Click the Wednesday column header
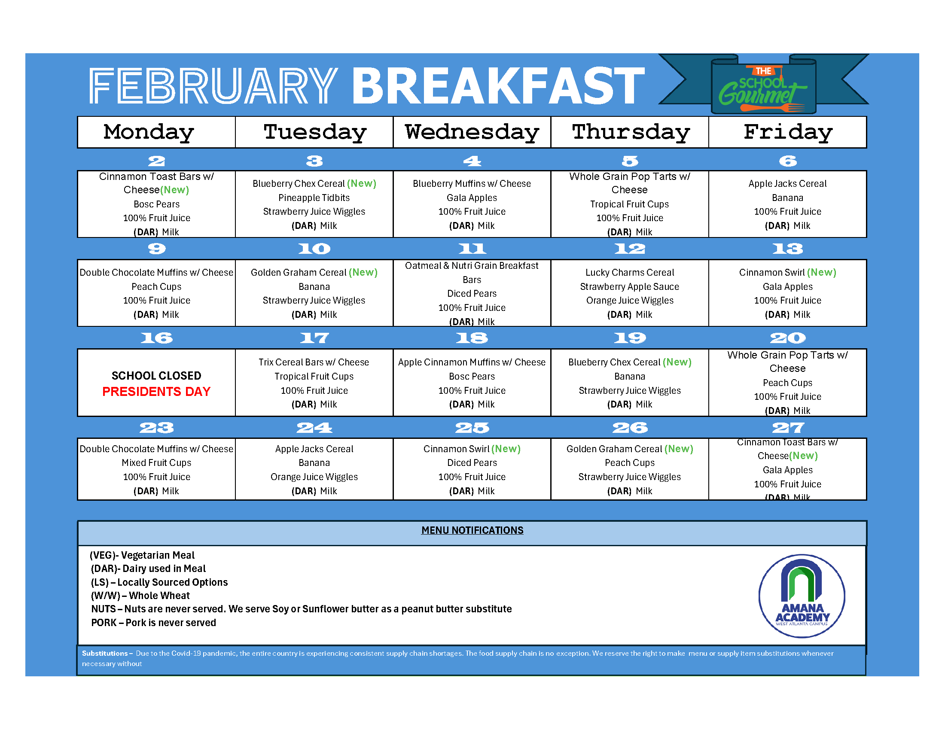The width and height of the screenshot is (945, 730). (472, 132)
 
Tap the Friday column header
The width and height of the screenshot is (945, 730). (788, 132)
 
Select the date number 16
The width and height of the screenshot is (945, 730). (157, 338)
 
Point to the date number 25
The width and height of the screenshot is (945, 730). (472, 428)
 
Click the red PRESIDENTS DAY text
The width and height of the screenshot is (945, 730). (156, 391)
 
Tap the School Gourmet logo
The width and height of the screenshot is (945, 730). (764, 84)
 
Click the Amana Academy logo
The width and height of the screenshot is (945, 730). (802, 596)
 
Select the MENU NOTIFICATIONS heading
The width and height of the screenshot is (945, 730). (472, 530)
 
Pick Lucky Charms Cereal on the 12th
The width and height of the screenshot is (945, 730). (630, 272)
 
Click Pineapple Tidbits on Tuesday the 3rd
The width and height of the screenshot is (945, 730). (314, 198)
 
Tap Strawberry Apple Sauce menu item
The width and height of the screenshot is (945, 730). (630, 287)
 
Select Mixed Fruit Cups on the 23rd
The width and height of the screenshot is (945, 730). (157, 463)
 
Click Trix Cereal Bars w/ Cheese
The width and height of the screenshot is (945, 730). (314, 362)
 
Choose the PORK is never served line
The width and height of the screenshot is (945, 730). (154, 623)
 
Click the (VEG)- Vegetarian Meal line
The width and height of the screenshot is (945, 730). (142, 555)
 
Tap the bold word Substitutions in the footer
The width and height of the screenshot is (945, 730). (105, 654)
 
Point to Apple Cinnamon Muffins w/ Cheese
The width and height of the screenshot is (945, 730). (472, 362)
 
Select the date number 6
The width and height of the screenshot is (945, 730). (788, 161)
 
